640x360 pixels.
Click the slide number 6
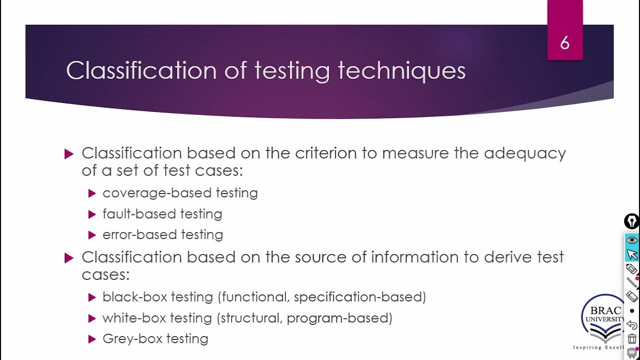coord(564,43)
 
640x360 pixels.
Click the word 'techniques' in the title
coord(401,70)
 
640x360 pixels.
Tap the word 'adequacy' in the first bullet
coord(525,153)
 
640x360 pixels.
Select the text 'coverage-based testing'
coord(180,193)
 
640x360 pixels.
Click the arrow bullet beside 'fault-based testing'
coord(91,214)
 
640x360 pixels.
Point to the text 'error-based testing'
coord(162,234)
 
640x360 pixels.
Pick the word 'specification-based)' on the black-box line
coord(360,297)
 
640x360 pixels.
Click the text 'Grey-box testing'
coord(155,338)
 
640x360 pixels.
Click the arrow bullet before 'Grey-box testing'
coord(91,339)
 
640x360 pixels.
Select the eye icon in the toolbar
coord(632,240)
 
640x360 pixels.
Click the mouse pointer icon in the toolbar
coord(632,254)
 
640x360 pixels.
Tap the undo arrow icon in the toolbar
coord(632,325)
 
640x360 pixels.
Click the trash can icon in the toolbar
coord(632,338)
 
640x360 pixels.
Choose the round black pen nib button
coord(631,221)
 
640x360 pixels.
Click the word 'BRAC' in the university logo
coord(605,310)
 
